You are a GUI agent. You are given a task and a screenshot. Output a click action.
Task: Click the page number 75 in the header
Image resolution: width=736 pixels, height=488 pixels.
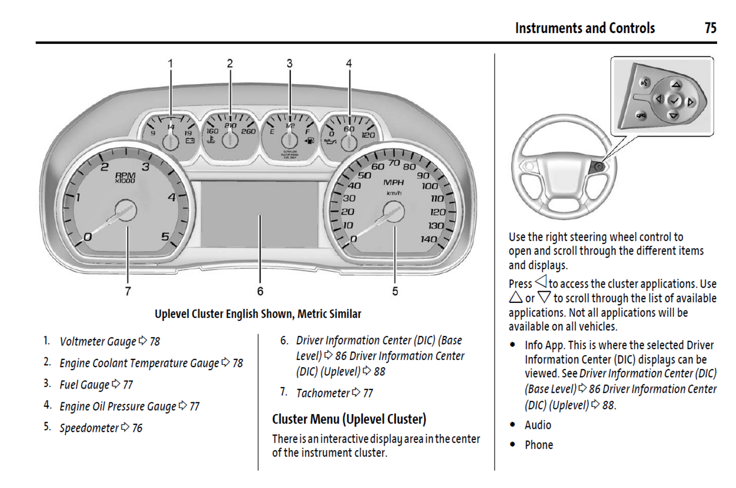pos(711,28)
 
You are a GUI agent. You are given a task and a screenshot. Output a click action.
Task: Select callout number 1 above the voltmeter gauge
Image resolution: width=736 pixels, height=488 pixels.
pos(171,64)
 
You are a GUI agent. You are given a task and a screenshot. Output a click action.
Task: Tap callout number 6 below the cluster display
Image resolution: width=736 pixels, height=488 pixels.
pos(260,291)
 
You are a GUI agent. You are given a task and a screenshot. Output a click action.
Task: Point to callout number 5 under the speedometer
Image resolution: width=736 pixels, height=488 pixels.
pos(395,291)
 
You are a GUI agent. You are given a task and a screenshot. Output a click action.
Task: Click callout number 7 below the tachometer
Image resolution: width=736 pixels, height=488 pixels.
pos(128,291)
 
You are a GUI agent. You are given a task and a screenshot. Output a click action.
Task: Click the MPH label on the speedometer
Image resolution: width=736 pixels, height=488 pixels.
pos(393,183)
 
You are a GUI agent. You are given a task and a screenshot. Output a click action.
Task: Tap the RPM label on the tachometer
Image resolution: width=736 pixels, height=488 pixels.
pos(125,176)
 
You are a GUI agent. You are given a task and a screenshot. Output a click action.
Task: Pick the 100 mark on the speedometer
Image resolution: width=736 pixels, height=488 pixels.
pos(429,186)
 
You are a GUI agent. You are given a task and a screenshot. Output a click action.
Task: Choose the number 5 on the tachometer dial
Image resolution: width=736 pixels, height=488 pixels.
pos(165,237)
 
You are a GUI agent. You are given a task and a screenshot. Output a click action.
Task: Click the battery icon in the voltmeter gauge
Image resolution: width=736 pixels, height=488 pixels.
pos(189,140)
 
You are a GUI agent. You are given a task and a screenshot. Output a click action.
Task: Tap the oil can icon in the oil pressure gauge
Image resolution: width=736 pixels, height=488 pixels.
pos(331,142)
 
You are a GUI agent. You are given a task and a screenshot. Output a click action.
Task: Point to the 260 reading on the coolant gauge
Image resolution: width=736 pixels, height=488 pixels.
pos(249,132)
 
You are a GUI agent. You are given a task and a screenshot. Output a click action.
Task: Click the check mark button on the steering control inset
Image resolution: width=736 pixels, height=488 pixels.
pos(674,101)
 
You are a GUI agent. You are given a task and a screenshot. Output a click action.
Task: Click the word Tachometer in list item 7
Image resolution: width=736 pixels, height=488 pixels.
pos(323,393)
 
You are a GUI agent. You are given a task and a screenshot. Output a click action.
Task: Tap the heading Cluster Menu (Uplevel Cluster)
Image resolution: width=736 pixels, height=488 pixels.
pos(349,419)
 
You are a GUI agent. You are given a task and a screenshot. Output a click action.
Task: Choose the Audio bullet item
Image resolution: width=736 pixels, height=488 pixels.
pos(538,425)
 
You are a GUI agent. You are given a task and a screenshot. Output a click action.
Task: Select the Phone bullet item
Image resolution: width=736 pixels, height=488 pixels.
pos(539,445)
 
